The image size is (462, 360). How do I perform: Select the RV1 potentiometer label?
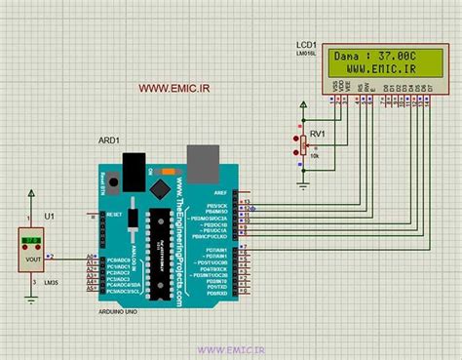(x=317, y=136)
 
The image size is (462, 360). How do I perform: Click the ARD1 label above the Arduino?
(x=109, y=140)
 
